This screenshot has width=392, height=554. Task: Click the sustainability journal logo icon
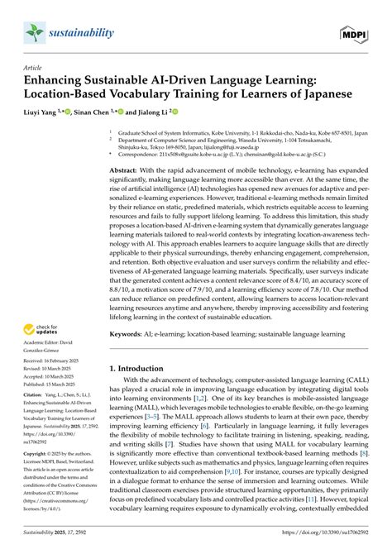(x=34, y=32)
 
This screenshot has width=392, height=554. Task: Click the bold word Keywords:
(x=128, y=335)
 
